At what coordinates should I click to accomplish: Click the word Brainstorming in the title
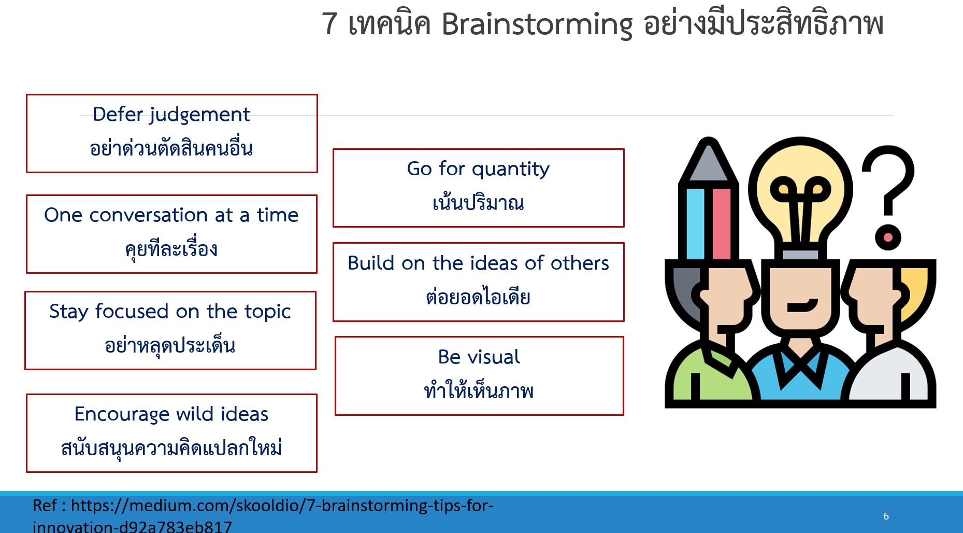pos(537,24)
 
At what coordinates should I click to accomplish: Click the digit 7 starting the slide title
pos(330,24)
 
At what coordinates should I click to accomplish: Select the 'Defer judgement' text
pos(171,115)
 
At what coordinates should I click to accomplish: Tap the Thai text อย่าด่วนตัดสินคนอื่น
pos(171,148)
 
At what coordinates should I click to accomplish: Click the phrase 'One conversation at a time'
pos(171,215)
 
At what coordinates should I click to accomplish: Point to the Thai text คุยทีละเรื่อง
pos(171,248)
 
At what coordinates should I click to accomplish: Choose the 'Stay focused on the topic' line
pos(170,312)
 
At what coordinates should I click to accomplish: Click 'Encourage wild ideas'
pos(171,414)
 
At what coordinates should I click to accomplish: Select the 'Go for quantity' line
pos(478,169)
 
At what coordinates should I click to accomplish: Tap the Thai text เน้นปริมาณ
pos(478,201)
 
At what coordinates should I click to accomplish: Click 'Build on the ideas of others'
pos(478,263)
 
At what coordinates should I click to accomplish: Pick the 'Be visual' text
pos(479,357)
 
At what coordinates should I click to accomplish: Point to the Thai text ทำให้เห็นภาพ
pos(479,389)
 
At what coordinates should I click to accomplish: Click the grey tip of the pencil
pos(708,161)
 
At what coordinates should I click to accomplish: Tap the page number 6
pos(886,516)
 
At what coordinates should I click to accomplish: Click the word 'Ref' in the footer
pos(45,506)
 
